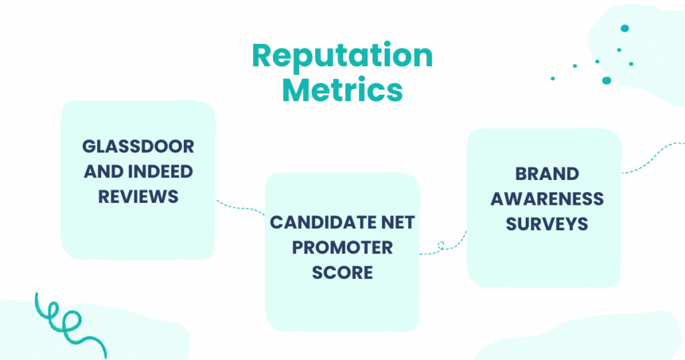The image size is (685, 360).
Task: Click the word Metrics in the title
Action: coord(342,90)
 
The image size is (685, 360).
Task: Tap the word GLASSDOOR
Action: coord(138,147)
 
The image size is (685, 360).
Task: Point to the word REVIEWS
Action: coord(138,197)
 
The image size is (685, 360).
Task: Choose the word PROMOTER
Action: coord(342,248)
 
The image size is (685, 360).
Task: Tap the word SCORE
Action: coord(342,272)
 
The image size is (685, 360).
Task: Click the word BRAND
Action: coord(547,174)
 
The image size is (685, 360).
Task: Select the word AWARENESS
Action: coord(547,199)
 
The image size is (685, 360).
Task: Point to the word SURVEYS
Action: coord(547,224)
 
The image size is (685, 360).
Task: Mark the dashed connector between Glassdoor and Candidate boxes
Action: coord(240,207)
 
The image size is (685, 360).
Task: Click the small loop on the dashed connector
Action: coord(441,245)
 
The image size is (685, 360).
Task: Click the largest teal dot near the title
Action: coord(606,80)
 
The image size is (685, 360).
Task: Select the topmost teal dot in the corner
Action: coord(625,28)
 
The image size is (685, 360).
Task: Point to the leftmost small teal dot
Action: coord(553,79)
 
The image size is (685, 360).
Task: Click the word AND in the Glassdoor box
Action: coord(103,172)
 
